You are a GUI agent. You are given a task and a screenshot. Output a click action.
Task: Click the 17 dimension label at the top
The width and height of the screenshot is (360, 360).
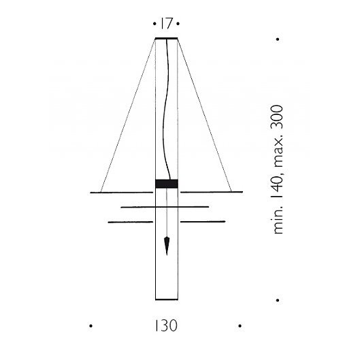(x=167, y=23)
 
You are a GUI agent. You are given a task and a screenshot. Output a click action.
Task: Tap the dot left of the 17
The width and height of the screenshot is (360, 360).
(x=154, y=23)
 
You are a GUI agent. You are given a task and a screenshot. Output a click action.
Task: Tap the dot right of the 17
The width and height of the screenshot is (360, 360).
(x=178, y=23)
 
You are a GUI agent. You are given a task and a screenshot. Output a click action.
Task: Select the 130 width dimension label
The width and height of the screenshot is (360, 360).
(x=166, y=325)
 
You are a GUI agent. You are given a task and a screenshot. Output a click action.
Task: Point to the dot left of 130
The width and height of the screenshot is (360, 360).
(x=91, y=326)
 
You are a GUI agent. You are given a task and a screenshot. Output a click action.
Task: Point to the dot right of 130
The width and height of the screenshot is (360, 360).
(x=240, y=326)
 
